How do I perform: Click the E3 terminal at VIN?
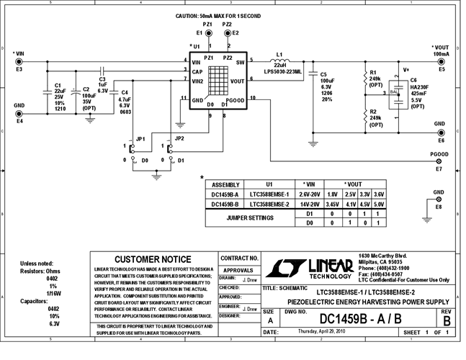19,62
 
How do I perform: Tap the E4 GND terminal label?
19,120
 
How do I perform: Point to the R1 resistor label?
373,73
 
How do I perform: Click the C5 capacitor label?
323,74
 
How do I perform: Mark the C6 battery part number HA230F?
419,86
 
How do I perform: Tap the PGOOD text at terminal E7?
439,153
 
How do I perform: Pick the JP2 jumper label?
179,138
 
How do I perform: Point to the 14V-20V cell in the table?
310,204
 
